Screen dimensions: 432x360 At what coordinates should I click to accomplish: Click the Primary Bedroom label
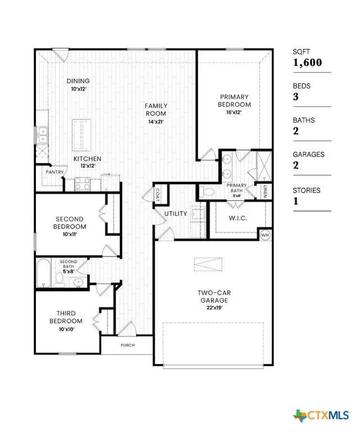[x=235, y=101]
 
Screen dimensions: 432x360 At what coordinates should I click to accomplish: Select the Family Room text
[x=156, y=109]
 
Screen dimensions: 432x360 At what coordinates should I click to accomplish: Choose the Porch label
[x=127, y=345]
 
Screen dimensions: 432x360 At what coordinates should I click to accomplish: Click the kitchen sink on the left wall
[x=42, y=134]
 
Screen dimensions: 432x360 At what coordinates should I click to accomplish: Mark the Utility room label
[x=175, y=214]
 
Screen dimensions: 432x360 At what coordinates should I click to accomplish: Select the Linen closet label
[x=264, y=191]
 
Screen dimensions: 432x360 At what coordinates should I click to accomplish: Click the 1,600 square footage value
[x=307, y=62]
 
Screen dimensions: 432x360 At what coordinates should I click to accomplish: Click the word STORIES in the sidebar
[x=307, y=191]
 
